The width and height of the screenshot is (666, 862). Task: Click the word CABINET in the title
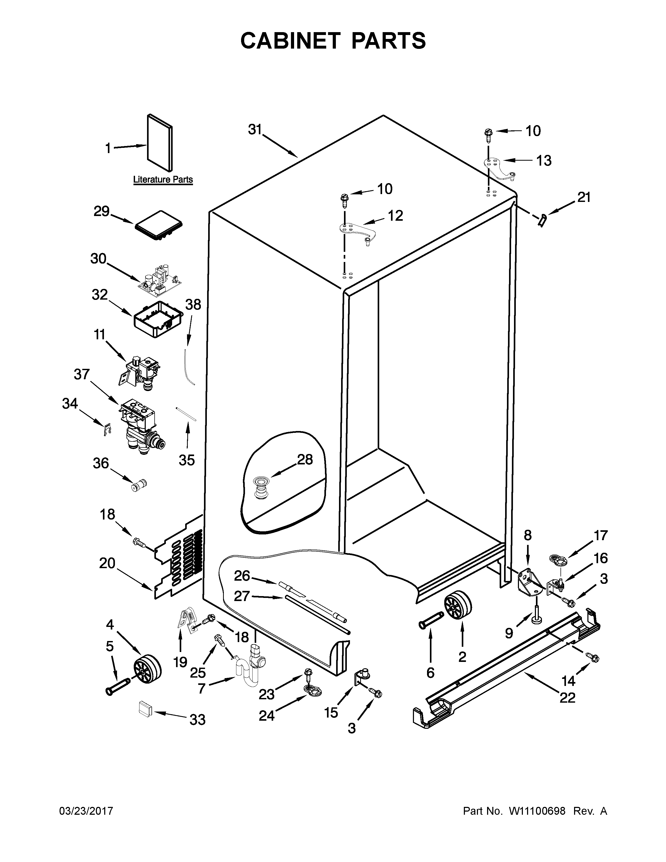pos(290,41)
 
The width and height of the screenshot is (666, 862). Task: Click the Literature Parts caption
pos(163,180)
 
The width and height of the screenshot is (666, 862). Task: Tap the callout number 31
pos(255,130)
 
